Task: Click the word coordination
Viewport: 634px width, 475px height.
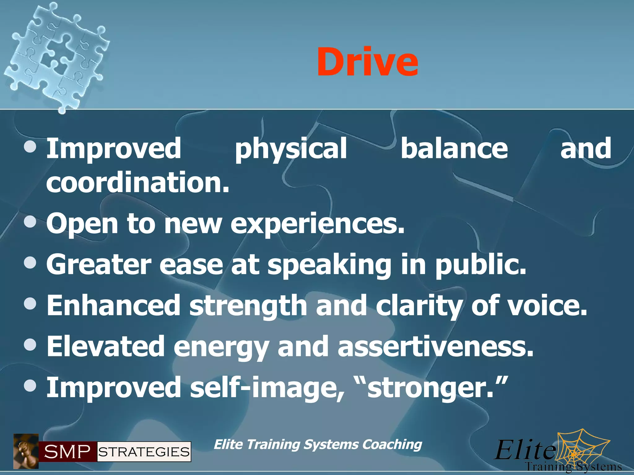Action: (137, 182)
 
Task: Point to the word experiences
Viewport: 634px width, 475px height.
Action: (317, 224)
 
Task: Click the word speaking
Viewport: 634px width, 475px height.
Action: (329, 265)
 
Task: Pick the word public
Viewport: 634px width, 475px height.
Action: (480, 265)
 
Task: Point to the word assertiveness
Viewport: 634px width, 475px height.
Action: (435, 346)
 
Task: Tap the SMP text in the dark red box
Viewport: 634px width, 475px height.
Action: (67, 452)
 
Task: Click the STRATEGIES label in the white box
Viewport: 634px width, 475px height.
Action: (144, 452)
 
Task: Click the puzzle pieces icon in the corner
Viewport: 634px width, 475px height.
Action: (57, 56)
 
